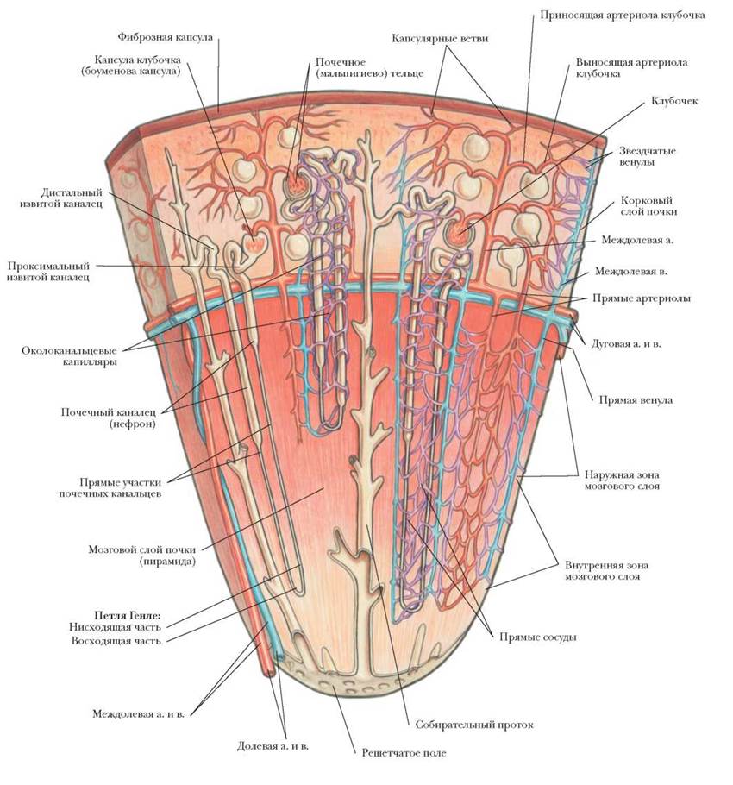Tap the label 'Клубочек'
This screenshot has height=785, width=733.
(x=675, y=101)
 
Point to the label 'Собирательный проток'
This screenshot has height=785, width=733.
(x=474, y=725)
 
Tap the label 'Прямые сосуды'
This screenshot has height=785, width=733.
(x=537, y=637)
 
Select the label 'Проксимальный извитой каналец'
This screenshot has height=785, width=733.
(x=53, y=272)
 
